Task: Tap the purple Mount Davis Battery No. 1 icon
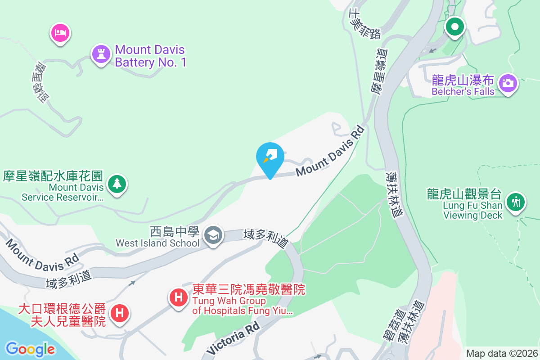click(x=101, y=54)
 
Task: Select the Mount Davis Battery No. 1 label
click(x=150, y=56)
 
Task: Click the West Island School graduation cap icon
click(x=213, y=235)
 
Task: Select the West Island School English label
click(x=157, y=243)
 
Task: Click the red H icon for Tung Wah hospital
click(x=179, y=297)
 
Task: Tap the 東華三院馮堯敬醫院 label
click(x=249, y=289)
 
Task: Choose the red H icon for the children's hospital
click(x=119, y=312)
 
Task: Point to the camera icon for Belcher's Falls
click(x=508, y=83)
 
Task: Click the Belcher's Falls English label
click(x=463, y=92)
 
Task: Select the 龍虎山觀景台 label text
click(x=464, y=194)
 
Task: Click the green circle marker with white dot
click(x=455, y=27)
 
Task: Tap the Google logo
click(x=30, y=349)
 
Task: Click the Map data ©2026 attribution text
click(x=502, y=354)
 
